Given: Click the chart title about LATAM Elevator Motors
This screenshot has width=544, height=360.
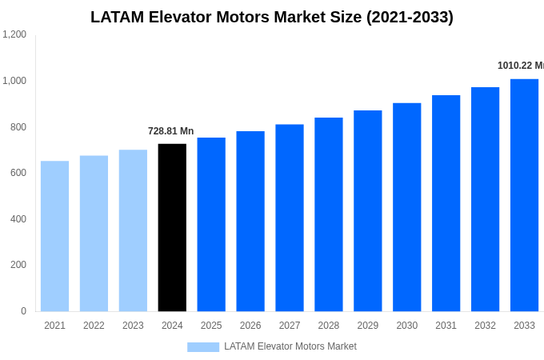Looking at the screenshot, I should pos(272,17).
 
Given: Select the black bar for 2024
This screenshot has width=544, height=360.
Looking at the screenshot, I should pos(172,228).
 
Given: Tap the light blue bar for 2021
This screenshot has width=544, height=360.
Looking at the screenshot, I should pos(54,236).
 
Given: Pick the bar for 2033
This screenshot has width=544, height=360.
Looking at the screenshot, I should pos(524,195).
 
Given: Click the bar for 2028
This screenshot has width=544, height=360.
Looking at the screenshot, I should pos(329,214).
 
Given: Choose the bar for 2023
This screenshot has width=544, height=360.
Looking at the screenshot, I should pos(133,230).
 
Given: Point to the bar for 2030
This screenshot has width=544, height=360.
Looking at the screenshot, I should pos(406,207).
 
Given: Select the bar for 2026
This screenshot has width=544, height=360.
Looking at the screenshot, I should pos(250,222).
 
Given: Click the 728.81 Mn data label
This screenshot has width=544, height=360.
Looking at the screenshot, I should pos(170,131).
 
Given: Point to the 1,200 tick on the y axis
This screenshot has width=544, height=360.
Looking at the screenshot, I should pos(14,34).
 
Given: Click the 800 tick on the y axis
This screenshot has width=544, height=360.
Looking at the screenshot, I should pos(18,126).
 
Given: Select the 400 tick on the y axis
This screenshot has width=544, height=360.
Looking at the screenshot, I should pos(18,218).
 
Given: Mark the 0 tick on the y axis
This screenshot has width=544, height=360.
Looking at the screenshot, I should pos(23,311).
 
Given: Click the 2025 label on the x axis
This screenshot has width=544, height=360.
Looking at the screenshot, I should pos(211,326).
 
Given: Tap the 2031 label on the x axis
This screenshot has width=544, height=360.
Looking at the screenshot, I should pos(446,326).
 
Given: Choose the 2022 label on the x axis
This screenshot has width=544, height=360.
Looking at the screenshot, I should pos(94,326).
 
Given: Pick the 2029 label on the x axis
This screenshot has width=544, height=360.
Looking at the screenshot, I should pos(367,326).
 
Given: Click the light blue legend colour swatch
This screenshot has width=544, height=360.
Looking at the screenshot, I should pos(203,346).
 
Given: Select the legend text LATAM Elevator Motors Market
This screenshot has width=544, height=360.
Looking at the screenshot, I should pos(290,346).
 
